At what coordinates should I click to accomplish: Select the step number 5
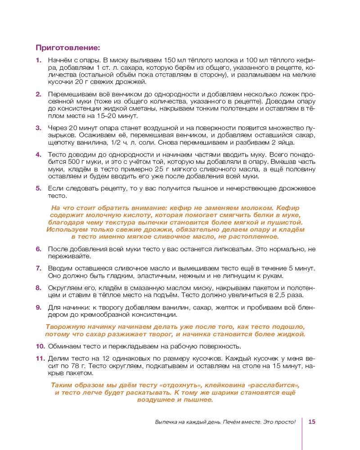(x=38, y=188)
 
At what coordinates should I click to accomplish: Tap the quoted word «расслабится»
(x=274, y=386)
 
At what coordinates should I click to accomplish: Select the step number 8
(x=38, y=288)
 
